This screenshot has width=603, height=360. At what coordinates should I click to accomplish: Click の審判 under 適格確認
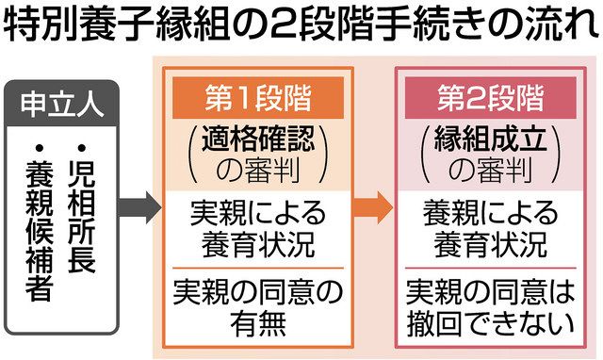tap(257, 170)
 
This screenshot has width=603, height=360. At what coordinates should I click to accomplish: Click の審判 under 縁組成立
tap(491, 170)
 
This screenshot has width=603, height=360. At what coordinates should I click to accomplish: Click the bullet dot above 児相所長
tap(85, 148)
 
